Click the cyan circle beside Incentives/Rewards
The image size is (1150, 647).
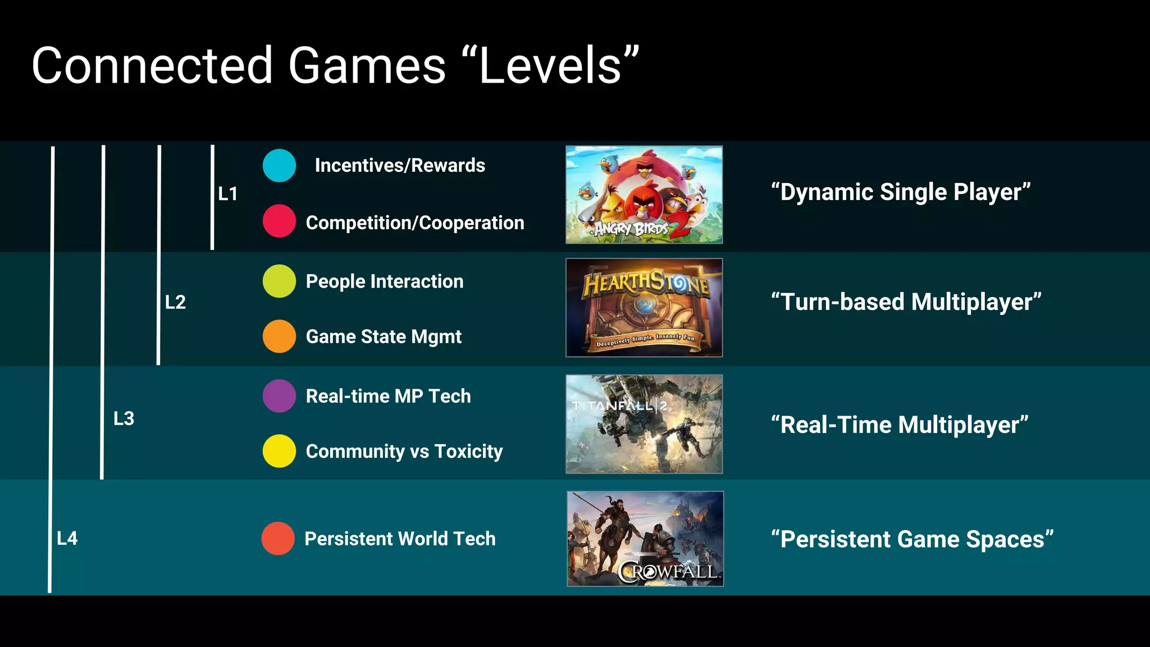coord(279,166)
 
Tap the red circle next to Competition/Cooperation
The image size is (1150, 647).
coord(279,221)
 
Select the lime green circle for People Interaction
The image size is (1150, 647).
coord(279,281)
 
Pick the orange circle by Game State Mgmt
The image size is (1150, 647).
coord(279,336)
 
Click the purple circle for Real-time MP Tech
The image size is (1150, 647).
coord(279,396)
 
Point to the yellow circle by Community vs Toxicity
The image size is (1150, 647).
coord(279,451)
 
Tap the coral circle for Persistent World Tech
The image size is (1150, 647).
coord(278,539)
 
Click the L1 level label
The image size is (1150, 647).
coord(228,194)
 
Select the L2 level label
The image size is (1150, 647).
coord(175,302)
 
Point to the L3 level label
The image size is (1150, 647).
coord(124,418)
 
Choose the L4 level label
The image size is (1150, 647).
coord(67,539)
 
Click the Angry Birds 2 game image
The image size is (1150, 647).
coord(644,194)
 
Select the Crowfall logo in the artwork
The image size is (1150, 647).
coord(668,572)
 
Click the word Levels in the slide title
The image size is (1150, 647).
coord(550,66)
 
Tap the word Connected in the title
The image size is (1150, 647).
coord(152,66)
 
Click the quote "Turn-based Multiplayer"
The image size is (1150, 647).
coord(906,302)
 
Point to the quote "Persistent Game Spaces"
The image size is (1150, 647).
coord(912,539)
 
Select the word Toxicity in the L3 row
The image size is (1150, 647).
coord(468,452)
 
